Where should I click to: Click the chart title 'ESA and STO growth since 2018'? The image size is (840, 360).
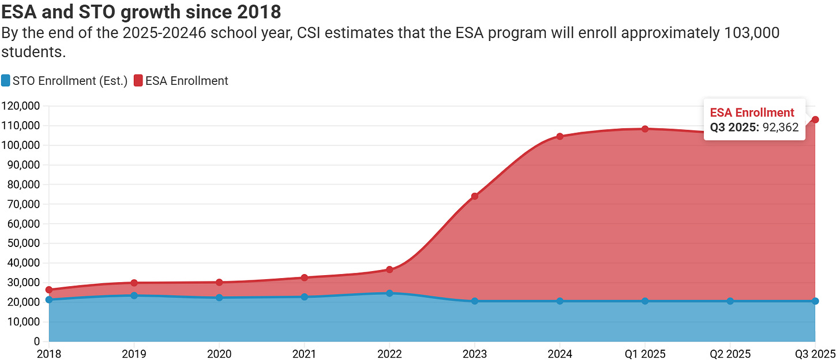tap(141, 11)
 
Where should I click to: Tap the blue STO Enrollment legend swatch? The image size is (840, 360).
tap(6, 81)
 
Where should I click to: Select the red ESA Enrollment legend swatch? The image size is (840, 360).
tap(138, 81)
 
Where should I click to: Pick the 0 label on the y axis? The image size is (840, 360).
tap(36, 342)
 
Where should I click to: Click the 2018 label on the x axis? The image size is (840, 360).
tap(49, 352)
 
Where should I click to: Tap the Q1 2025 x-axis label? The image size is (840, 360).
tap(645, 352)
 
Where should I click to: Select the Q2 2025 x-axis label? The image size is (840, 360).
tap(730, 352)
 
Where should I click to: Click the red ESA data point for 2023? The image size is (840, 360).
tap(475, 196)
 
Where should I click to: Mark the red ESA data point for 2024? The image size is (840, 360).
tap(560, 137)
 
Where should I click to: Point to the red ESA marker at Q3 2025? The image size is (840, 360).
tap(815, 119)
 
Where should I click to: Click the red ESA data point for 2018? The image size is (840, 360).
tap(49, 290)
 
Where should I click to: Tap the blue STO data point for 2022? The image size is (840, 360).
tap(389, 293)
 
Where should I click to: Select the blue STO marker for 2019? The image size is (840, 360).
tap(134, 295)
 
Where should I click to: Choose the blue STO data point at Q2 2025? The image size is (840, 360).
tap(730, 301)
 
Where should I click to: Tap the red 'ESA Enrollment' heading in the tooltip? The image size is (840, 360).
tap(752, 112)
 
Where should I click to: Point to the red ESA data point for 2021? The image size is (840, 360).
tap(305, 277)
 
